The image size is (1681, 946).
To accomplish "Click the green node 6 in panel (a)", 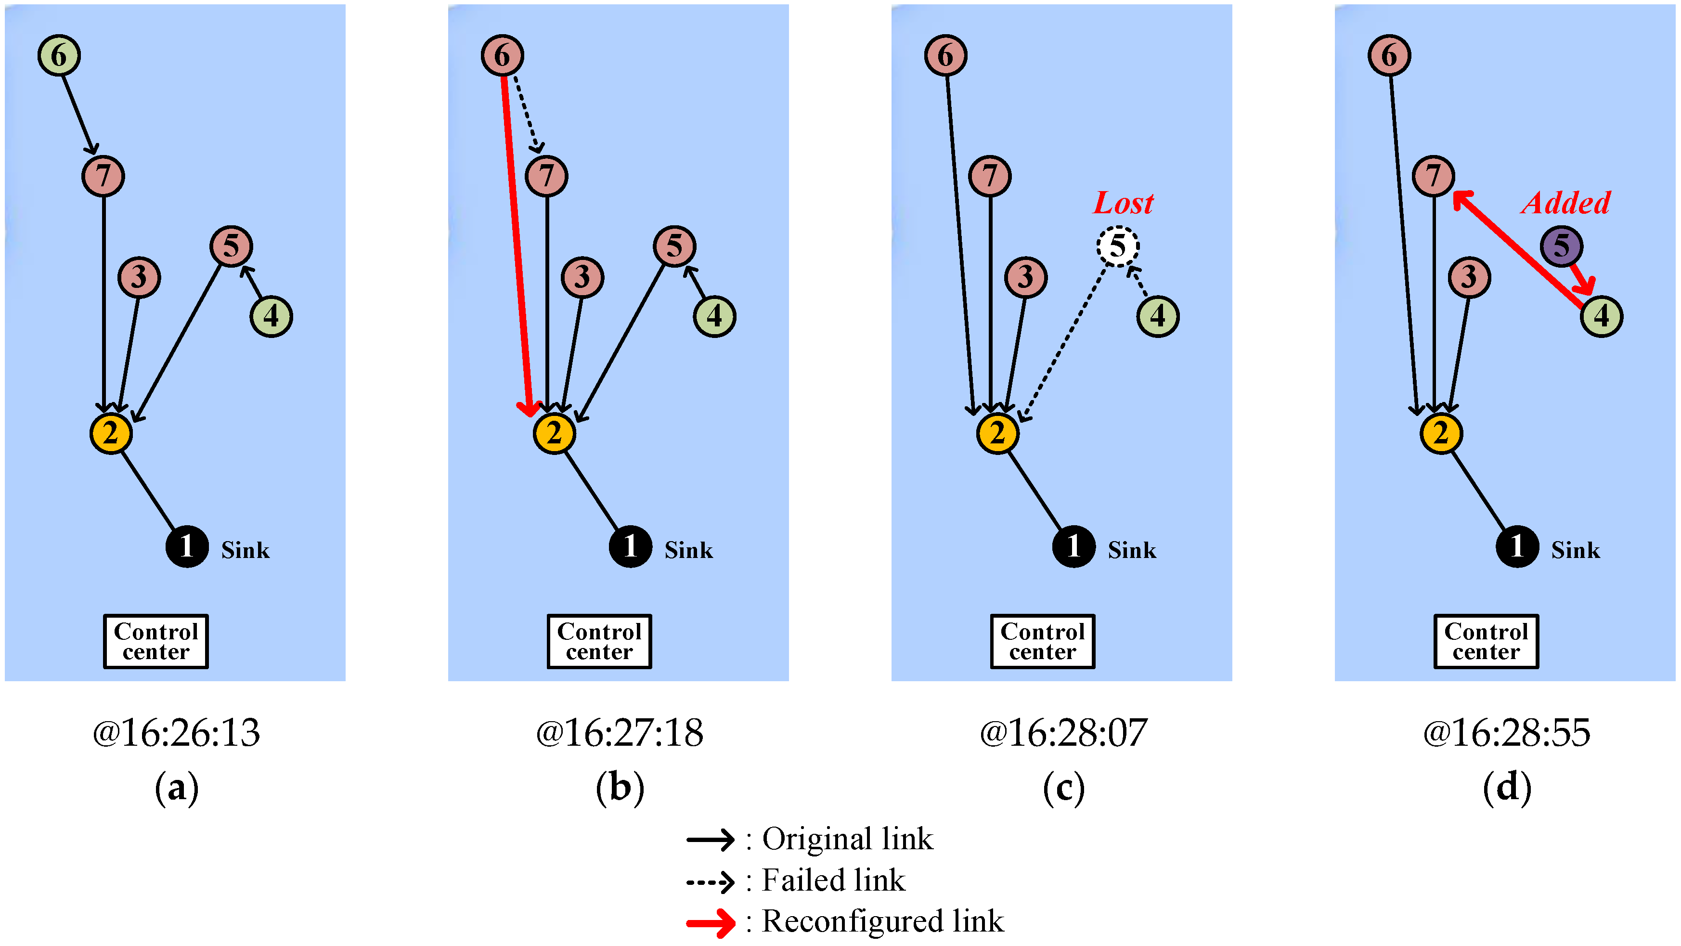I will [59, 55].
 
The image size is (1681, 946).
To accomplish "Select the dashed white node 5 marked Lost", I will [1117, 246].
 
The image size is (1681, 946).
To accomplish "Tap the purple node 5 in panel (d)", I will [1561, 246].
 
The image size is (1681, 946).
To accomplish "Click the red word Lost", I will [1123, 203].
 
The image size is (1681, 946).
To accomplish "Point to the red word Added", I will [1566, 203].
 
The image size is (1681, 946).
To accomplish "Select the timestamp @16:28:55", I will [1506, 733].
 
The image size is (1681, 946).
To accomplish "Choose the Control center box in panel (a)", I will [156, 641].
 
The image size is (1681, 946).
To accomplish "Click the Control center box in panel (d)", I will [1486, 641].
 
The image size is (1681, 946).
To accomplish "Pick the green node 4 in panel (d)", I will [1602, 316].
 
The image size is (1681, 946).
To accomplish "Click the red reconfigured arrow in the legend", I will [710, 922].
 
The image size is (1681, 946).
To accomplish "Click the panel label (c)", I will [1064, 788].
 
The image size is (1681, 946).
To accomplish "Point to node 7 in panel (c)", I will [990, 176].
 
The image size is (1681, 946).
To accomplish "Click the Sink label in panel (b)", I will [688, 550].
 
